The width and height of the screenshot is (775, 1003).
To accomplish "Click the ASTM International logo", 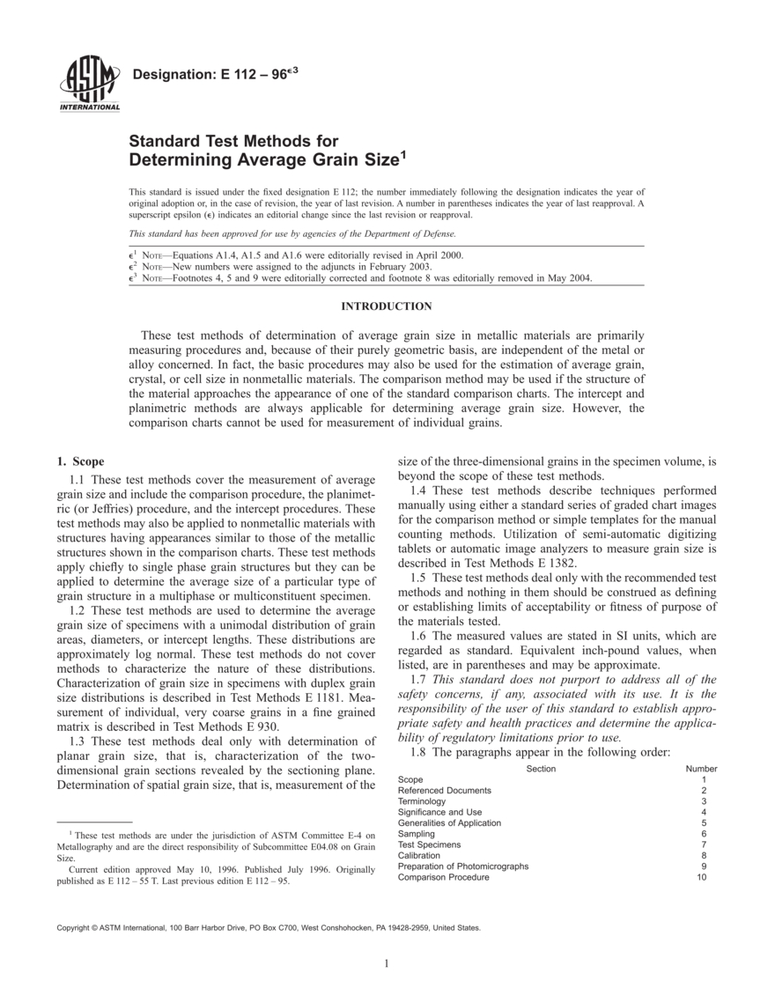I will [x=89, y=85].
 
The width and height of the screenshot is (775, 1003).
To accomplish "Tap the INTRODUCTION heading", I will [x=387, y=306].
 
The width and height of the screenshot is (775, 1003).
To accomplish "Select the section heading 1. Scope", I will [x=80, y=461].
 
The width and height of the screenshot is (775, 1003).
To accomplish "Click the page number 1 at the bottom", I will [x=387, y=962].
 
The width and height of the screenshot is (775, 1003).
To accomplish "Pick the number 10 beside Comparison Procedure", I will [x=701, y=877].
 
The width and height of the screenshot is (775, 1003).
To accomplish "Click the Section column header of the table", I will [x=541, y=769].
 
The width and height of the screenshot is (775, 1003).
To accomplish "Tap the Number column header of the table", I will [x=701, y=769].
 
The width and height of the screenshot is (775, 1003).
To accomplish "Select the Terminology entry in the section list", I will [x=422, y=801].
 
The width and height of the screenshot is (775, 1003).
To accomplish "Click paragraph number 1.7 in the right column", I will [x=419, y=680].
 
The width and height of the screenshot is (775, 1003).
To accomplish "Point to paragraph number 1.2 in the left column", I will [x=77, y=610].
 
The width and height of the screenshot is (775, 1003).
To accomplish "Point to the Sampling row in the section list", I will [x=417, y=834].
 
